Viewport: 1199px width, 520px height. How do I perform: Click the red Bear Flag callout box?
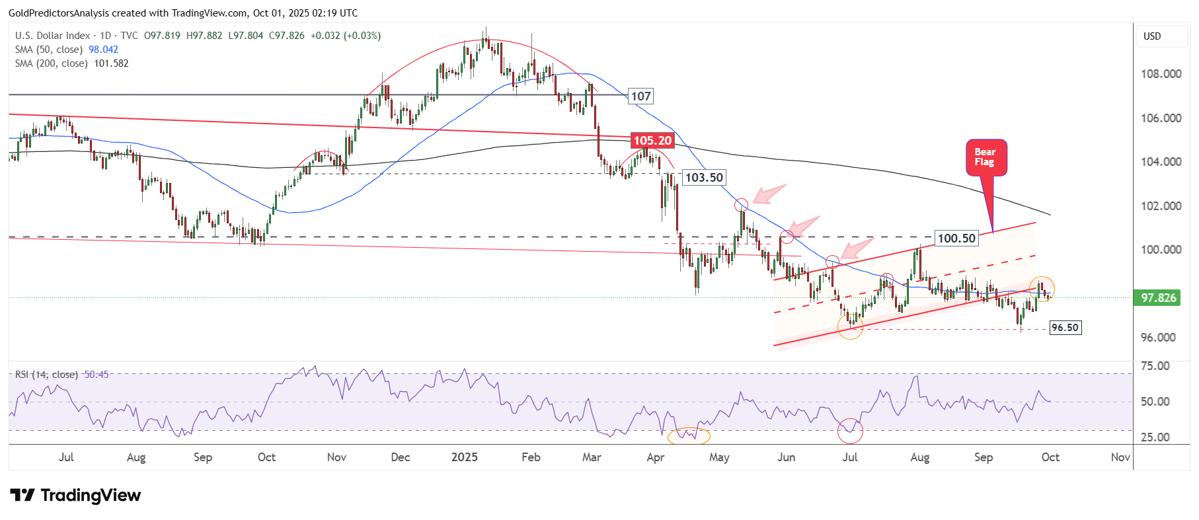(986, 157)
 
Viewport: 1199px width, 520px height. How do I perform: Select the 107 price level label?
(640, 96)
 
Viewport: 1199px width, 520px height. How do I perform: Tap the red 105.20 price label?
(652, 141)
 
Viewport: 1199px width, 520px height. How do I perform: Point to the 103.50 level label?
(704, 178)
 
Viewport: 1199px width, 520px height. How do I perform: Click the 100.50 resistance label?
(956, 239)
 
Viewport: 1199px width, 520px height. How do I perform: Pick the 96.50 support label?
(1065, 328)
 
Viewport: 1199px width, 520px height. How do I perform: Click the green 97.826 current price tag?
(1158, 298)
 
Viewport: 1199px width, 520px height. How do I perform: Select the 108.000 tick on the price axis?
(1161, 74)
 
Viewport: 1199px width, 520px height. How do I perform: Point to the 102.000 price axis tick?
(1161, 206)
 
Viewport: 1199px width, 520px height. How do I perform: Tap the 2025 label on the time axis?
(464, 457)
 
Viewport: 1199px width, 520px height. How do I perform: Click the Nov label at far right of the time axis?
(1120, 457)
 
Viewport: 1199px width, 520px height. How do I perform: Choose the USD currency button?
(1152, 36)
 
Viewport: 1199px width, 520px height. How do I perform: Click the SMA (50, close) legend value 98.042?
(103, 50)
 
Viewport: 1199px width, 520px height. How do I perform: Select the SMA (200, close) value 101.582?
(111, 63)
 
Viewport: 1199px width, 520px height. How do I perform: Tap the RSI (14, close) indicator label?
(46, 375)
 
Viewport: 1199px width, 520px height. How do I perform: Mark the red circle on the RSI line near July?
(850, 431)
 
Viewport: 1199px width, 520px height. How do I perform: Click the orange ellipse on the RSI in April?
(689, 436)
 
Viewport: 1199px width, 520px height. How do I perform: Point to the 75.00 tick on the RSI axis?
(1155, 366)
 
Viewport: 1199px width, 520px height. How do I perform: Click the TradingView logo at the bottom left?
(75, 496)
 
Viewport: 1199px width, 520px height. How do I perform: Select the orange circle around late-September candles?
(1042, 289)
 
